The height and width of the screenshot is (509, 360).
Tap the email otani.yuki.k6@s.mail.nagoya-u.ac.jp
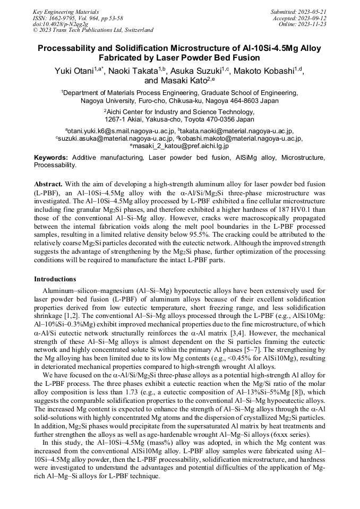(x=121, y=131)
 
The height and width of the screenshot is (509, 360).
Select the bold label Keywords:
(x=51, y=158)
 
